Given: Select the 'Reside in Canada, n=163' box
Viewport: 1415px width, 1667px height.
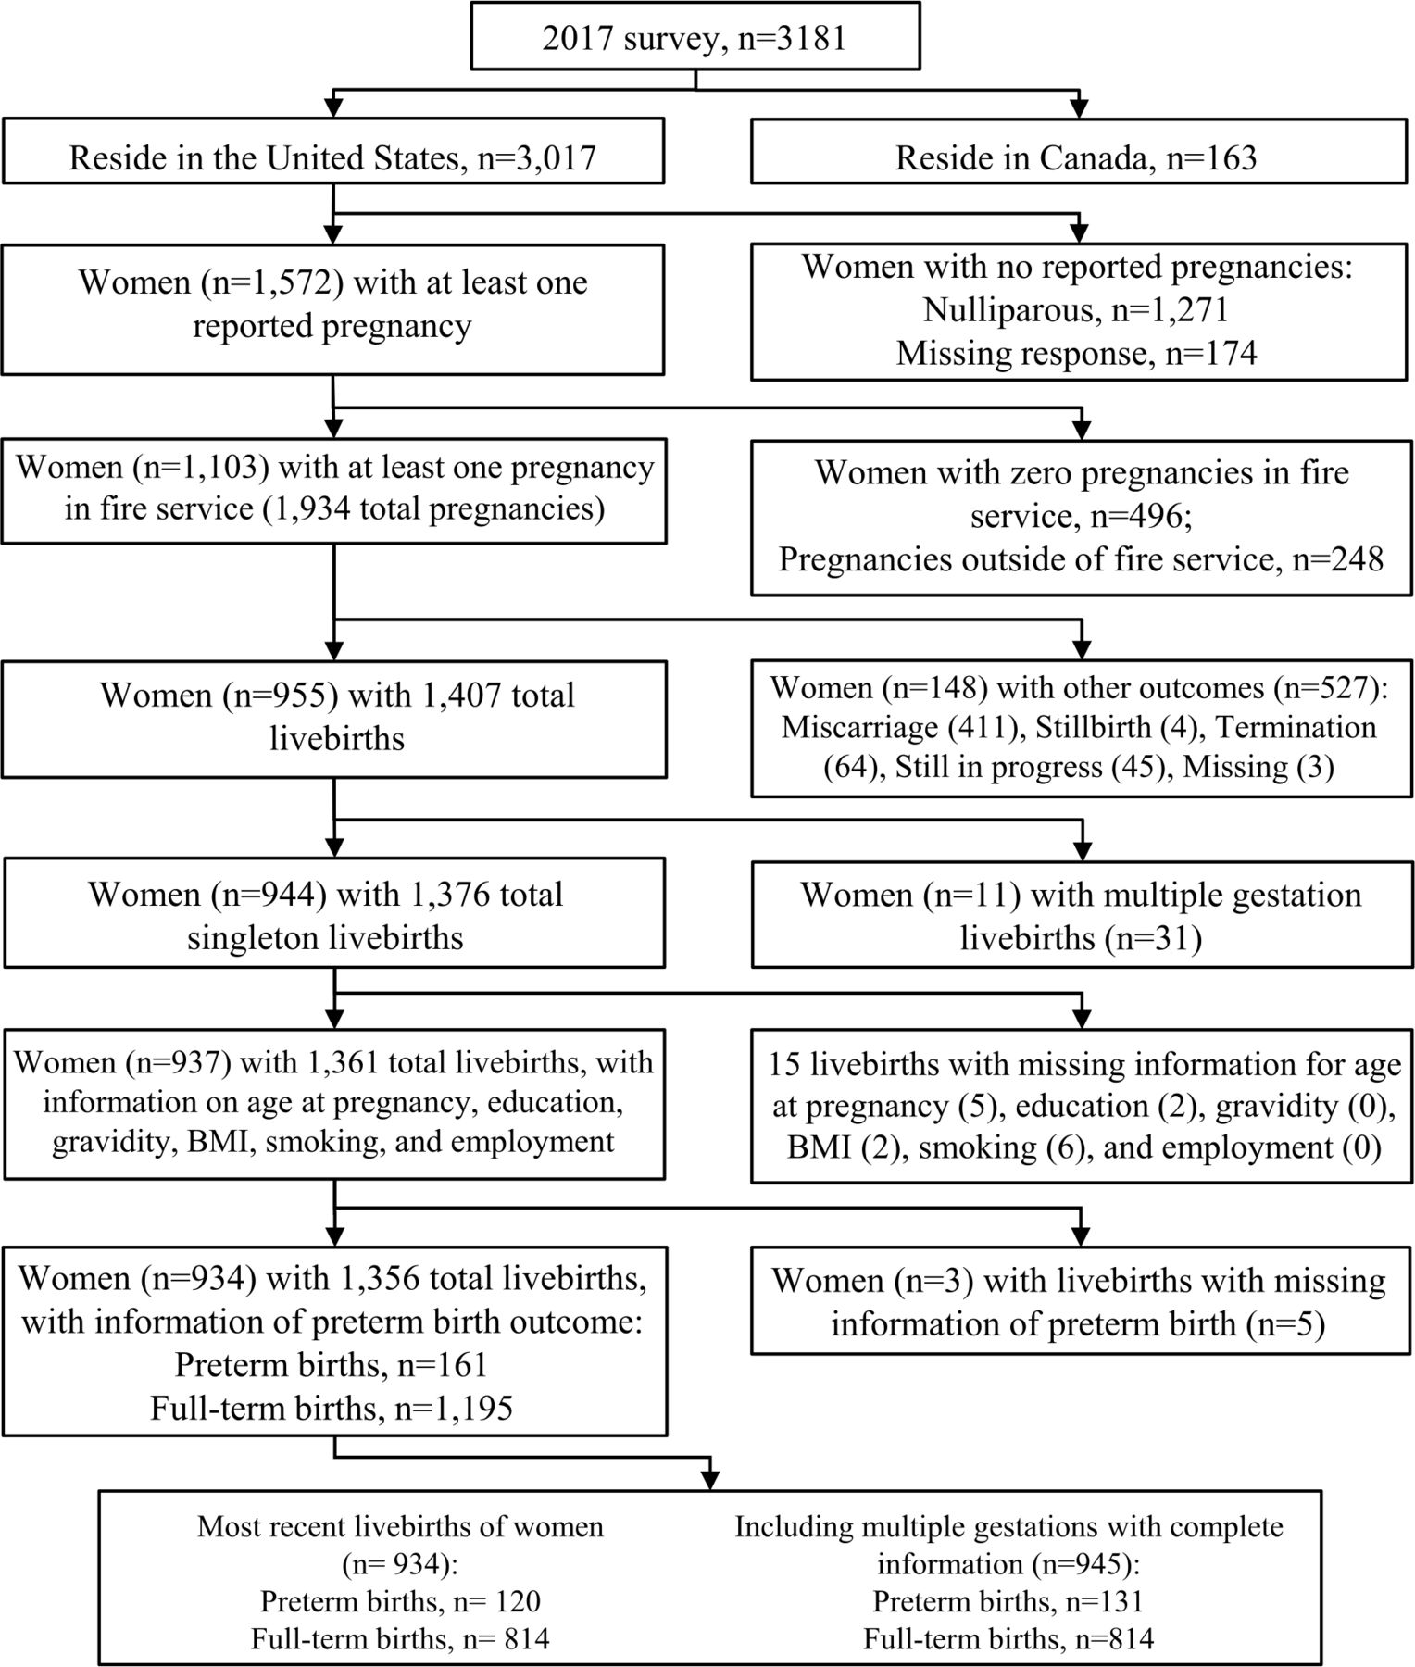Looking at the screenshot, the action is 1079,150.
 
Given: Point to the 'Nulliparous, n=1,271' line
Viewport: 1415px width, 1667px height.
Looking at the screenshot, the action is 1076,309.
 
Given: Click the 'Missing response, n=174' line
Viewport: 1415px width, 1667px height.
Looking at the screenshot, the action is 1076,353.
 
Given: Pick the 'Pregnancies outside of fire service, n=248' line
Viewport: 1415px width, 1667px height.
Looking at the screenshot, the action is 1081,559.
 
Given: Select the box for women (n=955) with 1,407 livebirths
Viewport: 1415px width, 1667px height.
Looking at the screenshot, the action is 334,719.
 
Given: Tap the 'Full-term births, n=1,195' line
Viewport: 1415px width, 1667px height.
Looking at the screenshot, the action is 332,1408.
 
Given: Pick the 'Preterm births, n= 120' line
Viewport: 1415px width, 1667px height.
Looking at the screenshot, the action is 400,1600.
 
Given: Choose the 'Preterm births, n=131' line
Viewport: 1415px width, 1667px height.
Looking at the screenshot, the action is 1008,1600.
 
